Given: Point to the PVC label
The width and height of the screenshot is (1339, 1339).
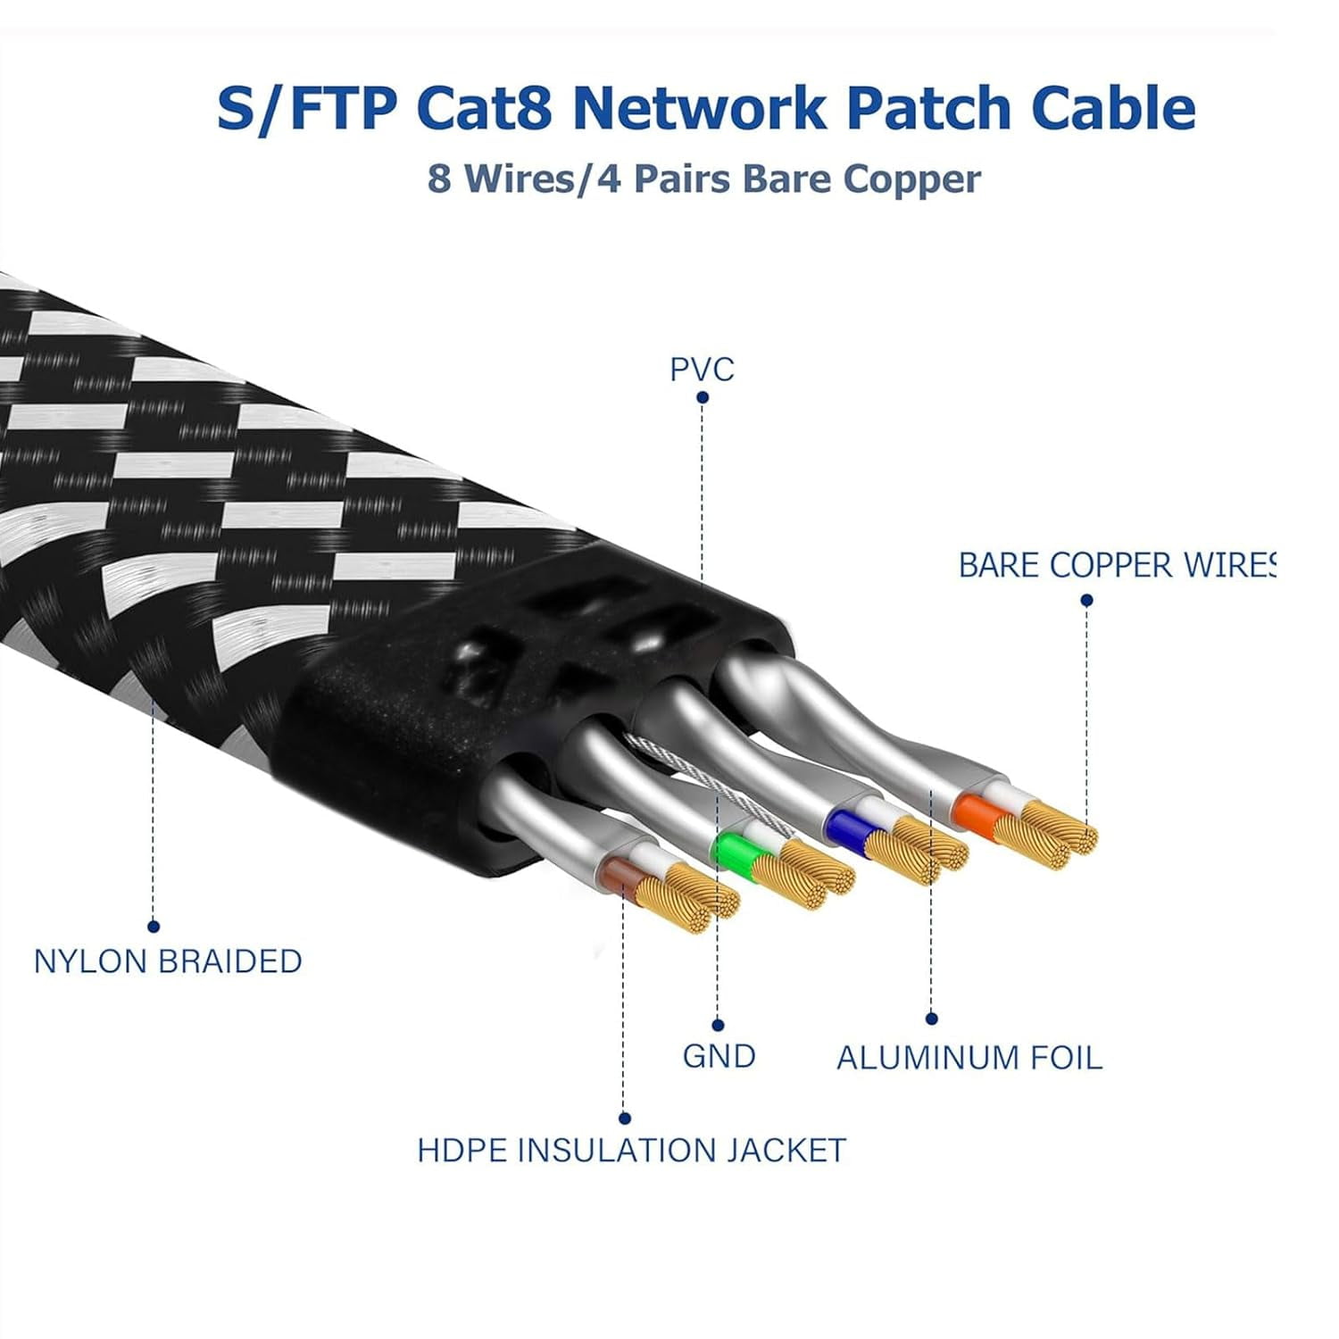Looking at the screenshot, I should coord(702,370).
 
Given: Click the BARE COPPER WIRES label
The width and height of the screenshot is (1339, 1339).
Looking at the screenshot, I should coord(1116,566).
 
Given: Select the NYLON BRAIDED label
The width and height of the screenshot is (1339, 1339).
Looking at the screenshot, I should coord(168,961).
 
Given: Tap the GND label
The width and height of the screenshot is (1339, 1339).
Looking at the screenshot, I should coord(719,1056).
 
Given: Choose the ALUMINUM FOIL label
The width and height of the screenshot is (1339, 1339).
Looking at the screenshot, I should coord(969,1058).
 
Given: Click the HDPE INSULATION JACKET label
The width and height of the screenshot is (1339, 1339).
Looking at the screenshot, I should coord(631,1150).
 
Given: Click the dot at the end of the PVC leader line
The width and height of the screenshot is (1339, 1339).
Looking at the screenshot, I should coord(703,397).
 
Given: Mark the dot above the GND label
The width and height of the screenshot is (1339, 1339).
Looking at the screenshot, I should coord(718,1025).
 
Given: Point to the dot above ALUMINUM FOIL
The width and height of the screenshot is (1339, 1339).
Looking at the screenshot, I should coord(931,1019).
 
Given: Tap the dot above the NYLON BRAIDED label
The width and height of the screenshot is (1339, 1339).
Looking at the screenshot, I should coord(154,927).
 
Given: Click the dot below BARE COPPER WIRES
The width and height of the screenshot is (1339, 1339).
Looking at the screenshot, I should coord(1086,601).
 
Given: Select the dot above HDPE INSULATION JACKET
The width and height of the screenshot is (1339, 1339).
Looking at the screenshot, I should coord(624,1119).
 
